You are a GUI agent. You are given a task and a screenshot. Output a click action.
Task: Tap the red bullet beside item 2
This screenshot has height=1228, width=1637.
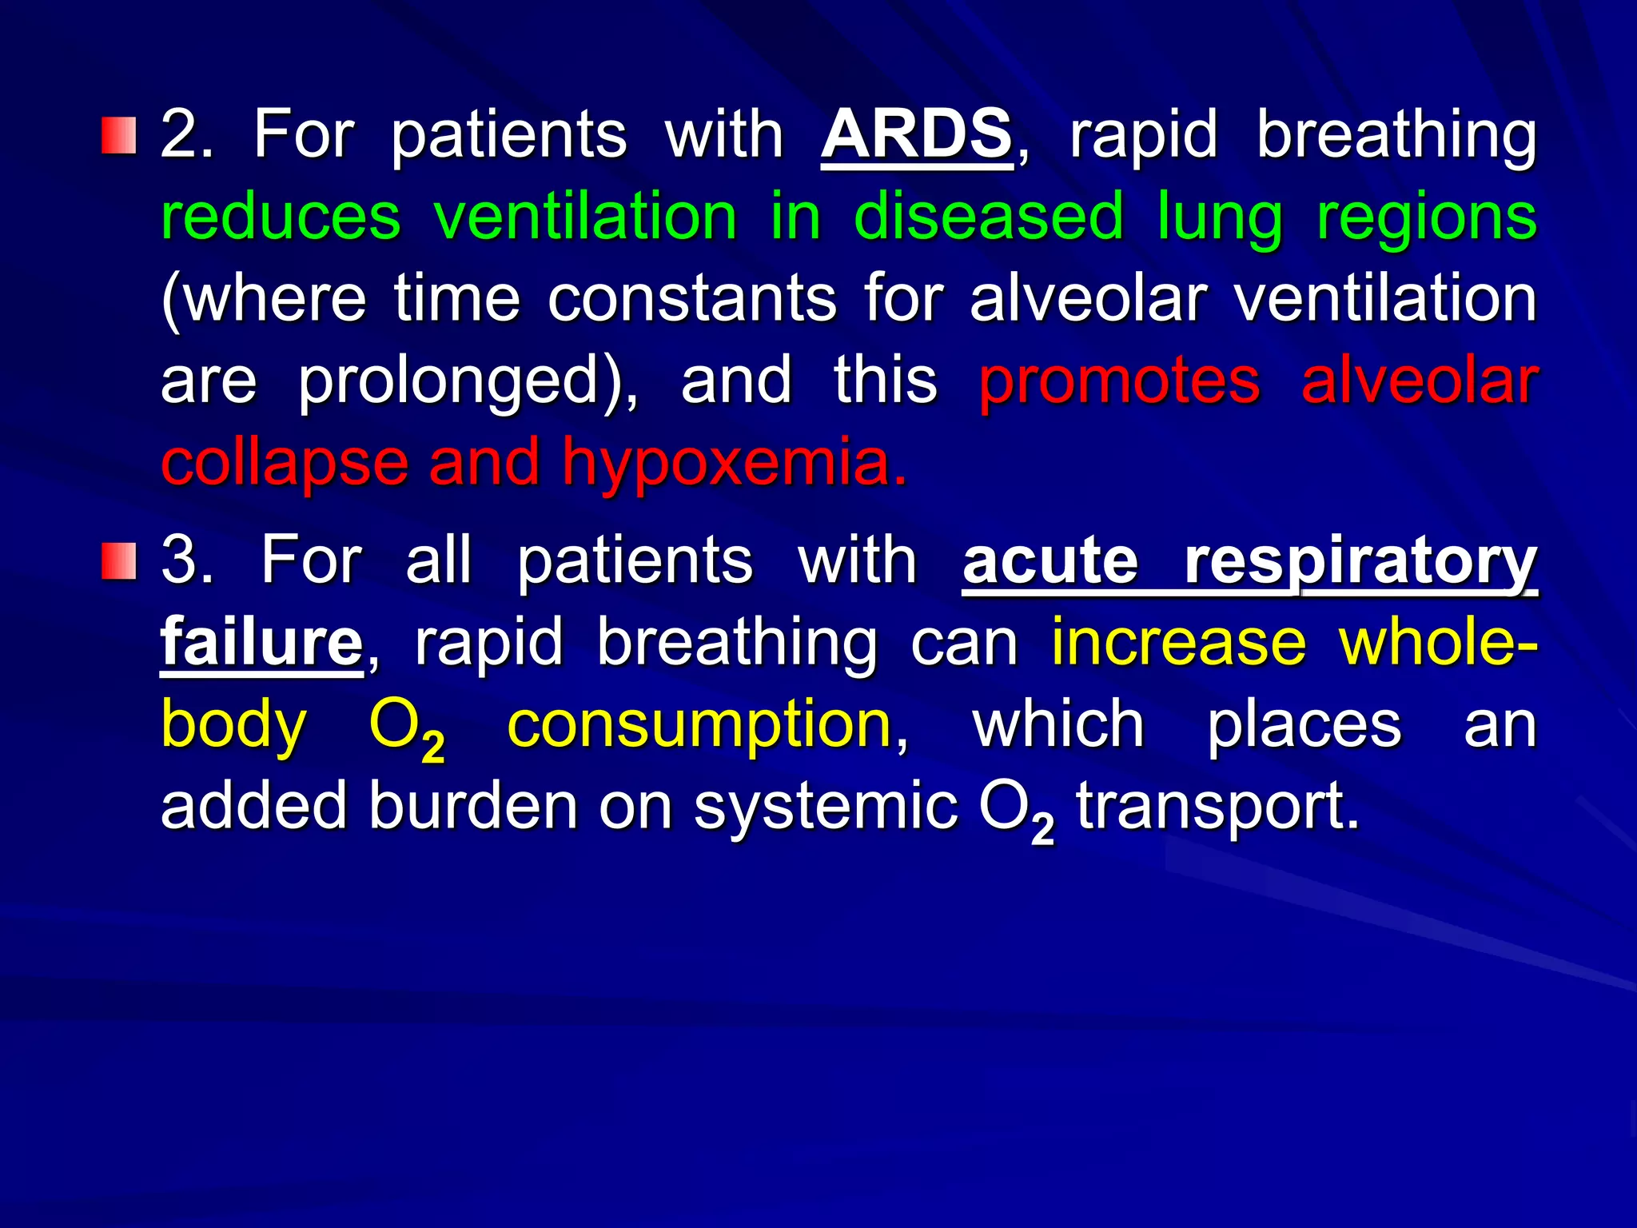coord(118,135)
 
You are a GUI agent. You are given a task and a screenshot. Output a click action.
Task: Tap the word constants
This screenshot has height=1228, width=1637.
coord(692,298)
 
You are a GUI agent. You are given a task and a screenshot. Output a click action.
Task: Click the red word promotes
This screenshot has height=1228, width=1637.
coord(1120,382)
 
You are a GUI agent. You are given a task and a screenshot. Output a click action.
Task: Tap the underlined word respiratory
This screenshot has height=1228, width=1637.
coord(1361,563)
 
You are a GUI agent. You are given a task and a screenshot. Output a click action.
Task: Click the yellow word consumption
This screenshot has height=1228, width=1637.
coord(699,726)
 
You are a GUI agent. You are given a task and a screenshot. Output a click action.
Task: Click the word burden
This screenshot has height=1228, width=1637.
coord(472,806)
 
